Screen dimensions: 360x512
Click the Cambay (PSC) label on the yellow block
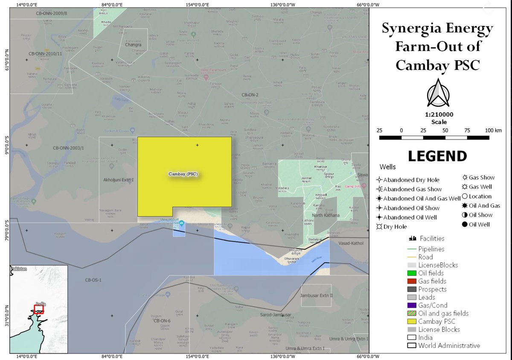(x=183, y=174)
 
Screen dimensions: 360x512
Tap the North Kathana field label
(x=326, y=215)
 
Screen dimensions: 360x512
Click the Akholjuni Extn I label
(x=119, y=180)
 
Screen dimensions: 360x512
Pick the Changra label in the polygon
(x=133, y=44)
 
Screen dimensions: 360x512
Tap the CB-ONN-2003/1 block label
(x=69, y=148)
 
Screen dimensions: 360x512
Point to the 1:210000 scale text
(x=439, y=115)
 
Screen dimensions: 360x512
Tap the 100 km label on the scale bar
(x=493, y=130)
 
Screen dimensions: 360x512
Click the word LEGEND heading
(x=437, y=156)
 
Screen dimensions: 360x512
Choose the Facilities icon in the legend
(x=412, y=238)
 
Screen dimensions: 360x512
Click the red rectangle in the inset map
(x=39, y=309)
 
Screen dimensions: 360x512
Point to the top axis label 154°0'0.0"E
(x=197, y=5)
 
